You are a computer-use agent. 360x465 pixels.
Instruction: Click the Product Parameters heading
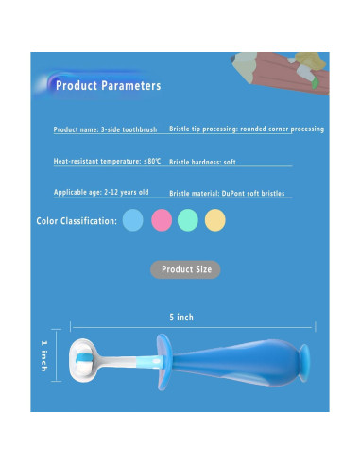(x=108, y=86)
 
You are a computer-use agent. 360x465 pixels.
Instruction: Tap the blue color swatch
(x=132, y=220)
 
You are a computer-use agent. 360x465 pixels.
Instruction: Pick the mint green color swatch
(x=187, y=220)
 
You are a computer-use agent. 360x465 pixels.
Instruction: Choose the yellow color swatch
(x=215, y=220)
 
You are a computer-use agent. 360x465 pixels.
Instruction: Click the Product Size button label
(x=185, y=269)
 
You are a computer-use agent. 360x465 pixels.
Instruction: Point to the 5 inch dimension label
(x=181, y=318)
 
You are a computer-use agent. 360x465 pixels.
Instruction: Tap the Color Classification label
(x=77, y=221)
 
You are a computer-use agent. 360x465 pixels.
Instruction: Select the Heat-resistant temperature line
(x=108, y=162)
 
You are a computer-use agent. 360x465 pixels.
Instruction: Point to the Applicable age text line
(x=101, y=193)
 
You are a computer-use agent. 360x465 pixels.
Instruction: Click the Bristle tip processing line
(x=246, y=129)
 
